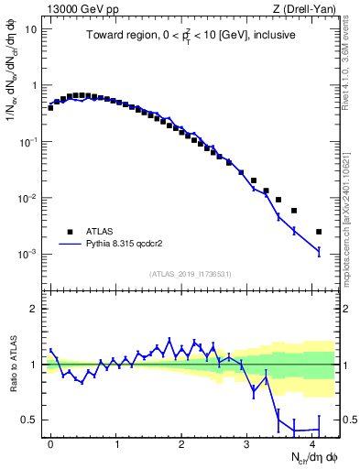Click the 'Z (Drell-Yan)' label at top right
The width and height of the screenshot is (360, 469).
[305, 10]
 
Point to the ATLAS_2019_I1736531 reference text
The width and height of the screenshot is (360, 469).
[191, 274]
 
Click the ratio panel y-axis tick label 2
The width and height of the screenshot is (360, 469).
[34, 309]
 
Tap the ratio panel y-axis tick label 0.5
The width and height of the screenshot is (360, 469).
[29, 420]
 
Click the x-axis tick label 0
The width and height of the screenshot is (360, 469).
[51, 443]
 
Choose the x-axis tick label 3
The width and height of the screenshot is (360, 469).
[247, 443]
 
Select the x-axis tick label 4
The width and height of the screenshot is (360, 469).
[312, 443]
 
